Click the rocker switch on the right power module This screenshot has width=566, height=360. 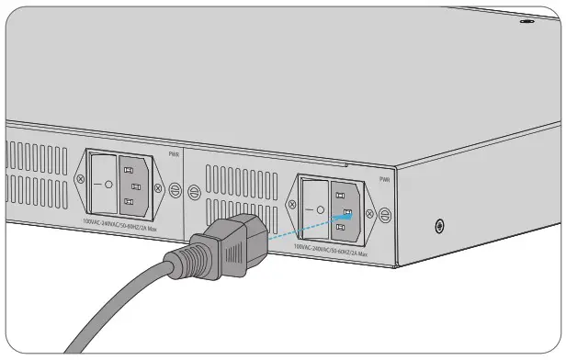(315, 208)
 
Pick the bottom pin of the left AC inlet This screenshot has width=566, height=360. (135, 200)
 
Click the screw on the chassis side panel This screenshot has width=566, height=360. (440, 225)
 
